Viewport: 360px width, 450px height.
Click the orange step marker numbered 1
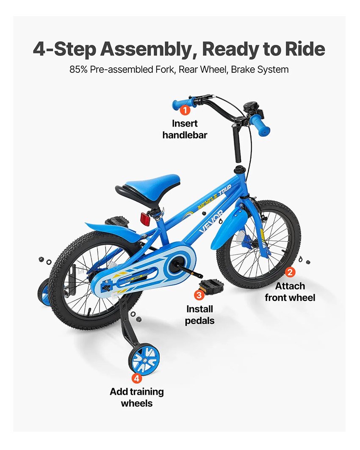[185, 110]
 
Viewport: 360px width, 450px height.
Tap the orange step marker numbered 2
[290, 272]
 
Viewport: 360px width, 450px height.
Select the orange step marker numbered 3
[199, 295]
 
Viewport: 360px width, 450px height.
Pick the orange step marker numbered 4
[137, 378]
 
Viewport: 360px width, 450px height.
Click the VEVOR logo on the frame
[211, 221]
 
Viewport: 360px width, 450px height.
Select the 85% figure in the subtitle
[78, 69]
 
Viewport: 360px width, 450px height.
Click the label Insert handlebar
[185, 129]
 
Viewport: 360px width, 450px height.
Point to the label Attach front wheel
[290, 292]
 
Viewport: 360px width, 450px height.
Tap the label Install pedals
[199, 315]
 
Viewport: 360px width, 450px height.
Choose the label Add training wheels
[137, 398]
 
